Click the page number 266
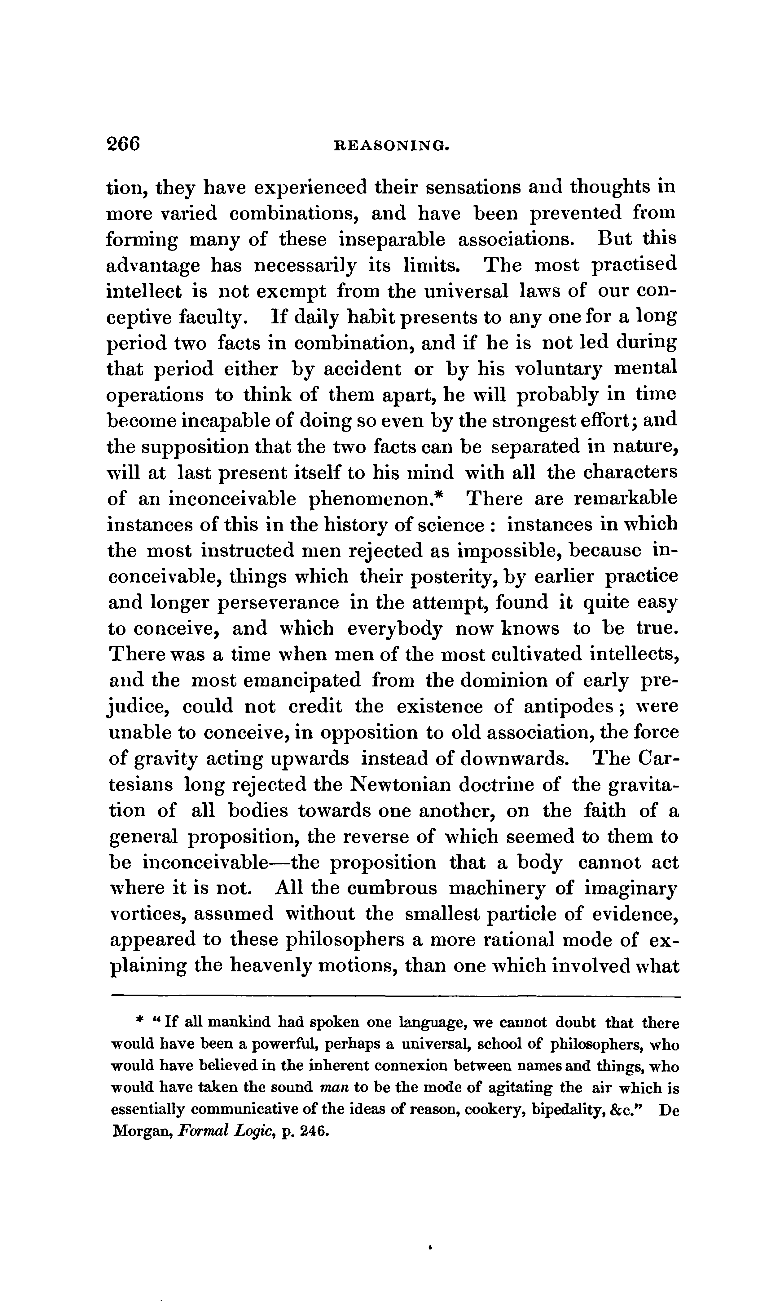[x=123, y=144]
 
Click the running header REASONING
[x=390, y=146]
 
